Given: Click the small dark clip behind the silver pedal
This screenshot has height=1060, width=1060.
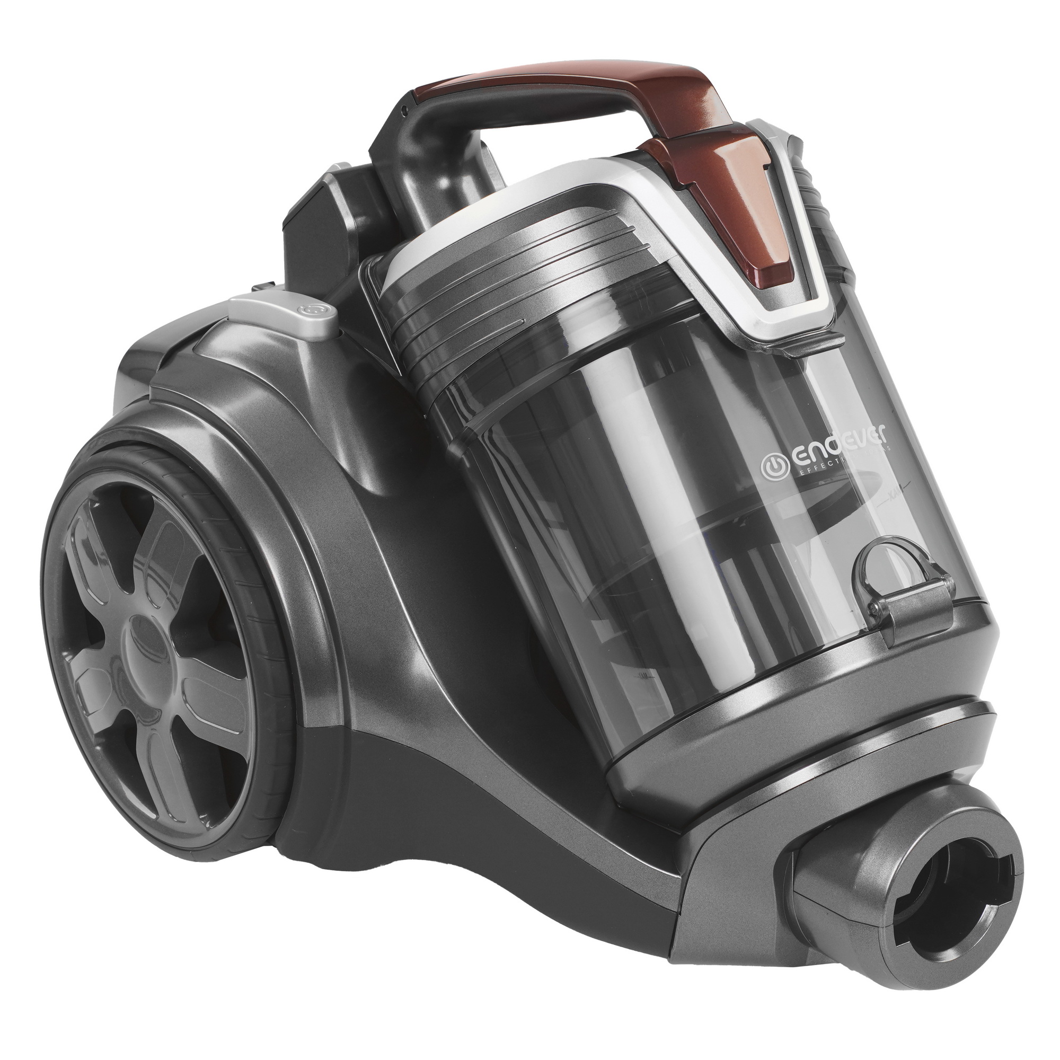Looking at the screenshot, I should [x=263, y=286].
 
